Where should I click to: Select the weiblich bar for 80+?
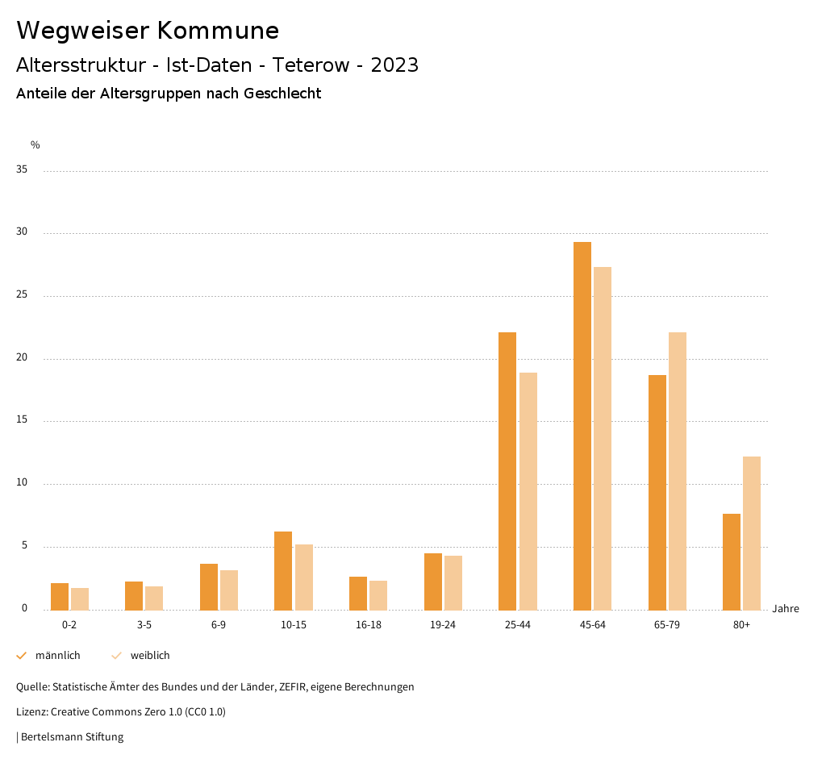[751, 533]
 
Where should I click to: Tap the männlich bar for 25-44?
[507, 471]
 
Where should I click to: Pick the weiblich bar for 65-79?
[677, 471]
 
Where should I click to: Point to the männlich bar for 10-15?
[283, 570]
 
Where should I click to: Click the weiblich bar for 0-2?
[80, 598]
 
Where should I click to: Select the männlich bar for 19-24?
[432, 582]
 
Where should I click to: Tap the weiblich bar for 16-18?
[378, 595]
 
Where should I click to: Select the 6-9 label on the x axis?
[219, 625]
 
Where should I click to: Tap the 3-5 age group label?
[144, 625]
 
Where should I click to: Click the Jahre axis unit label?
[785, 609]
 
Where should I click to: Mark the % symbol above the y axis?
[35, 145]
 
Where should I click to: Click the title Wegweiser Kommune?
[148, 31]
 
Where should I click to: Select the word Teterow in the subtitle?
[312, 65]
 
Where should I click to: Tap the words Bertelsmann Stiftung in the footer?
[72, 737]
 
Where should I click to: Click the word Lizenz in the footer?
[31, 712]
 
